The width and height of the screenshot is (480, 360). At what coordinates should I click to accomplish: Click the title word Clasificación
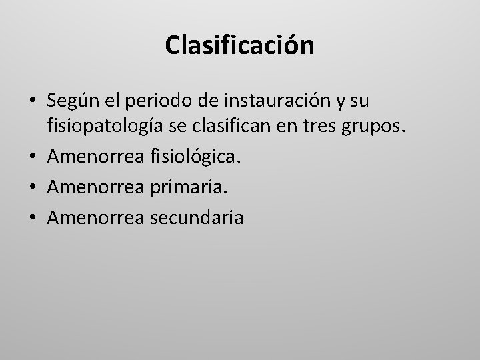tap(239, 46)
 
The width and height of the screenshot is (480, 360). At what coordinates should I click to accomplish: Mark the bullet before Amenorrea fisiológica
tap(31, 156)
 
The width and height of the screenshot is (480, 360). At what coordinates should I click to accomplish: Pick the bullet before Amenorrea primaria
tap(31, 187)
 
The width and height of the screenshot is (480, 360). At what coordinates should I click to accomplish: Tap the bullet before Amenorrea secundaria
tap(31, 218)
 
